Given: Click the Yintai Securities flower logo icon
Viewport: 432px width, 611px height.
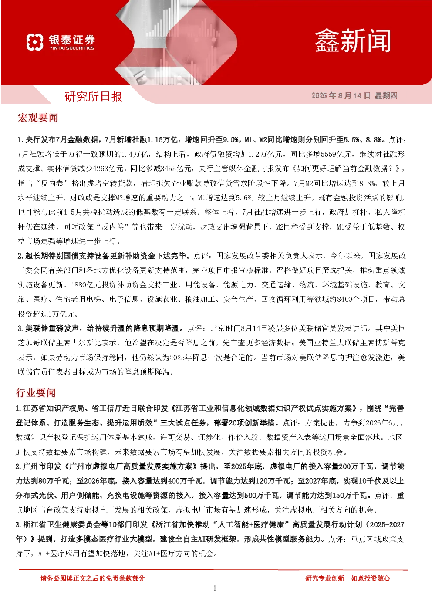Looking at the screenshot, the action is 35,42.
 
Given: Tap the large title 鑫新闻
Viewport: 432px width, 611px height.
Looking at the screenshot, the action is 353,41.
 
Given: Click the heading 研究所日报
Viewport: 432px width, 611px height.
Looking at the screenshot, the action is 93,97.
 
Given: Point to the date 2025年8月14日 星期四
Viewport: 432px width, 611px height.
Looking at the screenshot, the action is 354,95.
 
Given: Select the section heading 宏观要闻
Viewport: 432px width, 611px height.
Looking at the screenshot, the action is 37,118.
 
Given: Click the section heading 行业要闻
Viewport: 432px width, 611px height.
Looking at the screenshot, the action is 36,393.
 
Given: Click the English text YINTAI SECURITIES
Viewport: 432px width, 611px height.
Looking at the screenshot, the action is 72,48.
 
